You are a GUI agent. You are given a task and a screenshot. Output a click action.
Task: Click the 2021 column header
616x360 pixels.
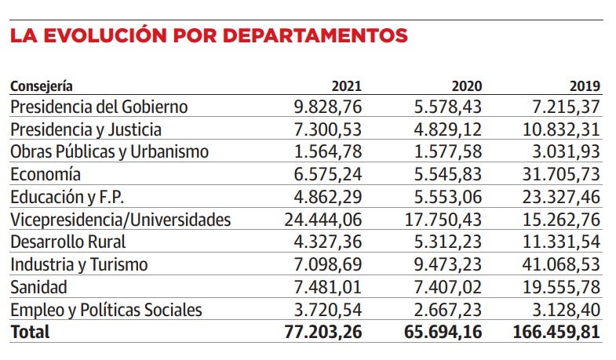[x=347, y=86]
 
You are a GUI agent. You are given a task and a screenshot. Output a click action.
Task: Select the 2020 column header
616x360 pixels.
[x=467, y=86]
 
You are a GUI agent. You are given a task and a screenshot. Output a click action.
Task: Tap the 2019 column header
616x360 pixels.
[x=585, y=86]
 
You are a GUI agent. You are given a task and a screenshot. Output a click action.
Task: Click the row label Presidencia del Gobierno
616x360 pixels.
[x=99, y=107]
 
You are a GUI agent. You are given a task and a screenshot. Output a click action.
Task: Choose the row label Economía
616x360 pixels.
[x=45, y=174]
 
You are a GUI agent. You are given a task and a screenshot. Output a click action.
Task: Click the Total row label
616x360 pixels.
[x=29, y=332]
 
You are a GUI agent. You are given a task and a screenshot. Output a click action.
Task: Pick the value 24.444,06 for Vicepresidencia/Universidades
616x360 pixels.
[x=323, y=220]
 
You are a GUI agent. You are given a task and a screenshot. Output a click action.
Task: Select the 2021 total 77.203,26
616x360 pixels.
[x=323, y=332]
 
